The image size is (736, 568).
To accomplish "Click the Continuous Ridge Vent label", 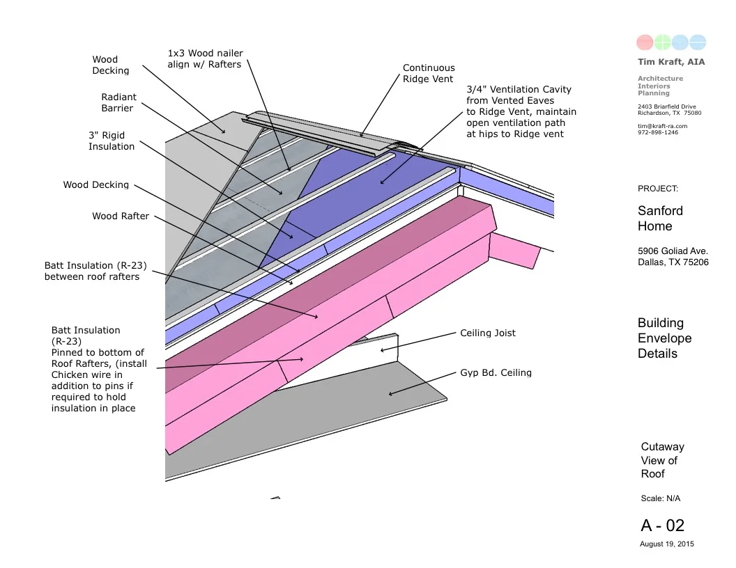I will (x=429, y=73).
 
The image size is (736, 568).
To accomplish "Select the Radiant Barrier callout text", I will (x=118, y=102).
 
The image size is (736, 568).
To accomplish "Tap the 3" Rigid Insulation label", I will (x=112, y=141).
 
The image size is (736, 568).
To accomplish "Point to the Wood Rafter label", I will (x=121, y=216).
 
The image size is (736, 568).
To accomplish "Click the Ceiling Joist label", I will (x=488, y=333).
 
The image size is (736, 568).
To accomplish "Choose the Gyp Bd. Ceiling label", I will (x=496, y=372).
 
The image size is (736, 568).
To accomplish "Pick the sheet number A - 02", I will (x=662, y=525).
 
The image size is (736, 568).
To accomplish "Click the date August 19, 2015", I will (x=666, y=544).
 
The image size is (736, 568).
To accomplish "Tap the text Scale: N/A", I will (x=660, y=498).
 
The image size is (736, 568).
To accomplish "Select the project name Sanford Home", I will (x=660, y=218).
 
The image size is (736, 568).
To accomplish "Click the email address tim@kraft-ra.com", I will (x=662, y=126).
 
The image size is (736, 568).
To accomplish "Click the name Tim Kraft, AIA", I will (x=670, y=62).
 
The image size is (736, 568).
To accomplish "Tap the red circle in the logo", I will (x=645, y=42).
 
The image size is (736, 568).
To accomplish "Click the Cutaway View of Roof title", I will (x=662, y=460).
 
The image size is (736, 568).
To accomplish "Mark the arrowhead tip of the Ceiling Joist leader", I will (x=380, y=350).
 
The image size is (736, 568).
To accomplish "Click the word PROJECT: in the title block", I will (x=657, y=189).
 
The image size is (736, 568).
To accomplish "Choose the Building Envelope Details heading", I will (x=664, y=338).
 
